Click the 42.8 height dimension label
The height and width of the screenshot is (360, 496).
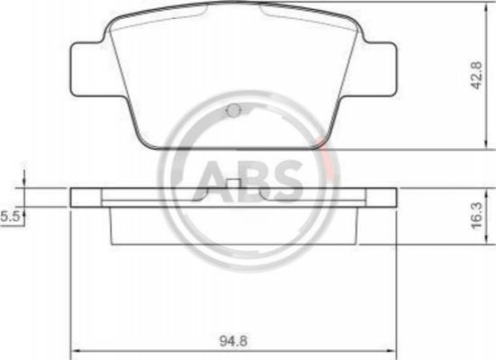click(477, 75)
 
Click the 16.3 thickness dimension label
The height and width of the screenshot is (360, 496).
click(477, 216)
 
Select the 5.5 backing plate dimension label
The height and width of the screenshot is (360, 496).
click(11, 217)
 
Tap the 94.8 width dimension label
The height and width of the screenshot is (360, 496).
click(234, 341)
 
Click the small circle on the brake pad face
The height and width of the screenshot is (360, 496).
click(234, 110)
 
